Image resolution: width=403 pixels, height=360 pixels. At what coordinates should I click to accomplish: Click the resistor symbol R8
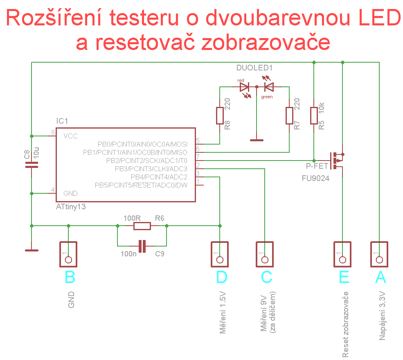pyautogui.click(x=220, y=116)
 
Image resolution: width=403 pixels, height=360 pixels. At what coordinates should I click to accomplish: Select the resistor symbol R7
pyautogui.click(x=289, y=116)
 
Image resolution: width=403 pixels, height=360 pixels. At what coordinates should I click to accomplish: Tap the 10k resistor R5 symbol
pyautogui.click(x=314, y=116)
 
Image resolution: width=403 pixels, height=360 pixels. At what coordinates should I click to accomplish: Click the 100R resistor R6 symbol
pyautogui.click(x=142, y=226)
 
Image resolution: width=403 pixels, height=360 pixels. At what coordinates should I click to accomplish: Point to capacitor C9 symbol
pyautogui.click(x=142, y=246)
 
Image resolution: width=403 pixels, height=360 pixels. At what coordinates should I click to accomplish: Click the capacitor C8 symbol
pyautogui.click(x=32, y=165)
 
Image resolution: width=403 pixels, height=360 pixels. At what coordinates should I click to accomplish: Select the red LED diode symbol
pyautogui.click(x=244, y=87)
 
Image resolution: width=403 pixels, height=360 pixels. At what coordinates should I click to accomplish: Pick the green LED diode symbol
pyautogui.click(x=269, y=87)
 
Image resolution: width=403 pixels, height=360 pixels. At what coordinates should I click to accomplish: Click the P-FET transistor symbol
pyautogui.click(x=337, y=161)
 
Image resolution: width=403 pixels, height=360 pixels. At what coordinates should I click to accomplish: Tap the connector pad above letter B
pyautogui.click(x=68, y=254)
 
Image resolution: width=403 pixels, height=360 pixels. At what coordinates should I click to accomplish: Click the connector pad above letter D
pyautogui.click(x=220, y=254)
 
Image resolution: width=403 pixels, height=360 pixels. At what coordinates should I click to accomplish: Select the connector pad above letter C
pyautogui.click(x=265, y=254)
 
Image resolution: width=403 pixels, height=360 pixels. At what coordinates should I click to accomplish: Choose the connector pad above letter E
pyautogui.click(x=342, y=254)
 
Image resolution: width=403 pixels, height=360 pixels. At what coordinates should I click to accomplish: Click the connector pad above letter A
pyautogui.click(x=379, y=254)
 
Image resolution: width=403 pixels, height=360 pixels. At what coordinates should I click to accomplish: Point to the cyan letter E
pyautogui.click(x=344, y=277)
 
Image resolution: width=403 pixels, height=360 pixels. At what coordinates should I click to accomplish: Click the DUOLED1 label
pyautogui.click(x=254, y=68)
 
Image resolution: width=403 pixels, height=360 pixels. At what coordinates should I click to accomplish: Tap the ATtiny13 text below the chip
pyautogui.click(x=71, y=207)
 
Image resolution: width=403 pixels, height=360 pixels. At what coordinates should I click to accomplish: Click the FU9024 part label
pyautogui.click(x=315, y=178)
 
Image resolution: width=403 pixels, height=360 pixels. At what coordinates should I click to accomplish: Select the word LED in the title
pyautogui.click(x=380, y=18)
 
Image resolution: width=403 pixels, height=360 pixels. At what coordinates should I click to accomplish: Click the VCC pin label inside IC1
pyautogui.click(x=70, y=136)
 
